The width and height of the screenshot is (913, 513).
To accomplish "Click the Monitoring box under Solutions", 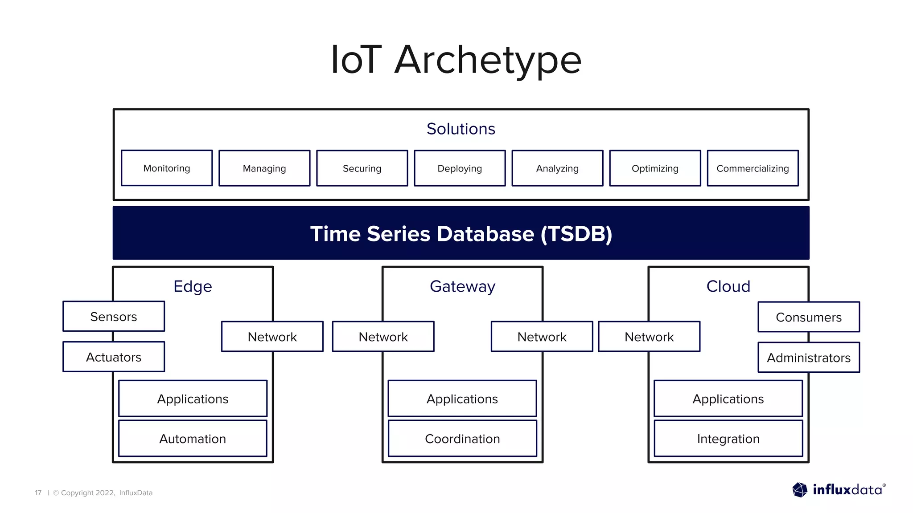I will (167, 168).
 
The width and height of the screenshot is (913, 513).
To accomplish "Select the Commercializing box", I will (753, 168).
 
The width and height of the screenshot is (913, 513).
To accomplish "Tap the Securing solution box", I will (362, 168).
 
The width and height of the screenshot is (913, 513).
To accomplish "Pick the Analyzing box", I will (557, 168).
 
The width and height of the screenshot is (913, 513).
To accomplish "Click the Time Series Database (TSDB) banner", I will (461, 233).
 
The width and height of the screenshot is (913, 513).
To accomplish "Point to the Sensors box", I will (114, 317).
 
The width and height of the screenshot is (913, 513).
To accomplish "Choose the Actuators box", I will (114, 357).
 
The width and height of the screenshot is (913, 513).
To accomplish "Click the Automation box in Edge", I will (193, 439).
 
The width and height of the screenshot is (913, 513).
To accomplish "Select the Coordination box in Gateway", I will (462, 439).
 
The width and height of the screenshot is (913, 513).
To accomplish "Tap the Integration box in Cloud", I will (728, 439).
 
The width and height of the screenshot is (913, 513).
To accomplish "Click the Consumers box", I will (809, 317).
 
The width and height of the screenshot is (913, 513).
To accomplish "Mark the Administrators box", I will (809, 358).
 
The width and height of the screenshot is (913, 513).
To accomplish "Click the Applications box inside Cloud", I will (728, 399).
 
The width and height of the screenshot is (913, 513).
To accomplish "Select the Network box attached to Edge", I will (272, 337).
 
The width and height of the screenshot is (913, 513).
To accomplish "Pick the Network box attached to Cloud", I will (649, 337).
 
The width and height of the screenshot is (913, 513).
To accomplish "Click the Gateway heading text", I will (462, 286).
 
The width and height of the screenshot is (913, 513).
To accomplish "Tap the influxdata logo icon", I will (800, 490).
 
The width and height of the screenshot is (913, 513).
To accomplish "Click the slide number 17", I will (38, 493).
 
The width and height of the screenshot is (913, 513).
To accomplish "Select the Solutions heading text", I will (461, 129).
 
